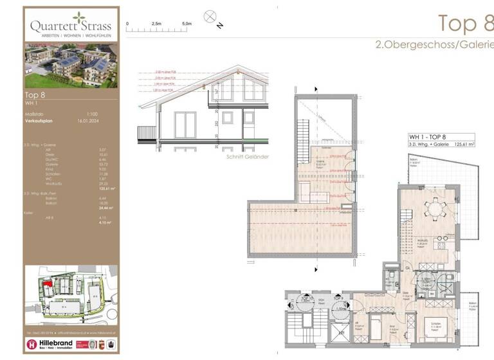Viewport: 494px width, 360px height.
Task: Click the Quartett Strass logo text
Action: (x=71, y=26)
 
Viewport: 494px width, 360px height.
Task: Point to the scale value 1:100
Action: (x=84, y=114)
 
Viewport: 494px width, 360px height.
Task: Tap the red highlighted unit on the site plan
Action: (x=48, y=283)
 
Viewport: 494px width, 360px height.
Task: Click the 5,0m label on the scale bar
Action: (x=187, y=23)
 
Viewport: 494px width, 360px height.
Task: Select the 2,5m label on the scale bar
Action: (x=157, y=23)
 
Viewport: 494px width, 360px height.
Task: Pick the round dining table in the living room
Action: (x=437, y=208)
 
